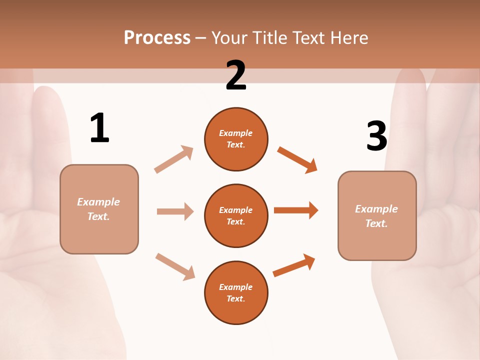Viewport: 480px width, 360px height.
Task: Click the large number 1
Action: pos(99,128)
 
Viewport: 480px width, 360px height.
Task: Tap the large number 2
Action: pos(236,75)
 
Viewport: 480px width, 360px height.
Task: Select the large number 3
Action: pos(376,136)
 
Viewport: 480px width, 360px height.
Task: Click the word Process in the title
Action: pos(157,38)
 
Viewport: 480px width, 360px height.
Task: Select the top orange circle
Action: pos(236,139)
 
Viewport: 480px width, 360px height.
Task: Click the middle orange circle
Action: pos(236,215)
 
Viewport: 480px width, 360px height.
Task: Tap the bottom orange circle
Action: pos(236,292)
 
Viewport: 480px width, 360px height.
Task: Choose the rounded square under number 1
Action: pos(99,209)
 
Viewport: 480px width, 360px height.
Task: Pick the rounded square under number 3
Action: pos(377,215)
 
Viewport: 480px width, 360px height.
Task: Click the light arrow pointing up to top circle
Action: pos(174,159)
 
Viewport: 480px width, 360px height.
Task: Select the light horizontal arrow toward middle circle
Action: pos(175,211)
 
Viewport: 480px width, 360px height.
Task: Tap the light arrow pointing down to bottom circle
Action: pos(175,266)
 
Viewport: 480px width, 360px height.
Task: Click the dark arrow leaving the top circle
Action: pos(297,160)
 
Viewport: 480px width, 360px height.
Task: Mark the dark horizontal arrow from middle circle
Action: pos(296,210)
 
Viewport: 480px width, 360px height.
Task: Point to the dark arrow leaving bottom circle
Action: pos(294,265)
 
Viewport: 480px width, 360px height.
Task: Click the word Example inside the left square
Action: pos(98,202)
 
